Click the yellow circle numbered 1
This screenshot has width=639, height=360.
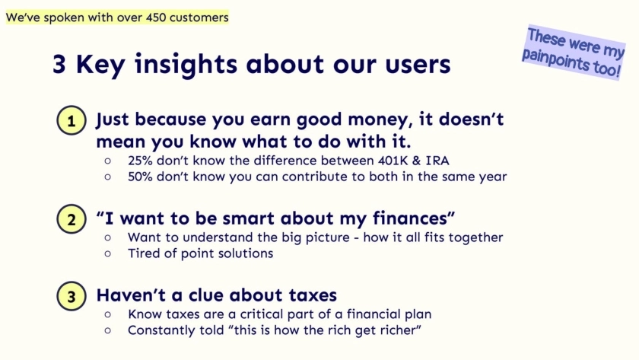(x=72, y=120)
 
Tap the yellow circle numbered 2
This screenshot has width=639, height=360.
(x=72, y=219)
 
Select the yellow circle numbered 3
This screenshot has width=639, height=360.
(x=72, y=296)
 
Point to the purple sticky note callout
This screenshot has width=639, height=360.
(x=573, y=53)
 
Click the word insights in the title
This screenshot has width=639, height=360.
(x=186, y=65)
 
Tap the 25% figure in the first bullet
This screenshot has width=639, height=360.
(x=140, y=161)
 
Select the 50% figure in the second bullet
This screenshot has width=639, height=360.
(x=140, y=177)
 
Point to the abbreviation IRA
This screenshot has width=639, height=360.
(x=437, y=161)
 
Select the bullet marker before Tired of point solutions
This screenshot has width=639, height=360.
(x=107, y=253)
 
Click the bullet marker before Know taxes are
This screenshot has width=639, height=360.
(x=107, y=314)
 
